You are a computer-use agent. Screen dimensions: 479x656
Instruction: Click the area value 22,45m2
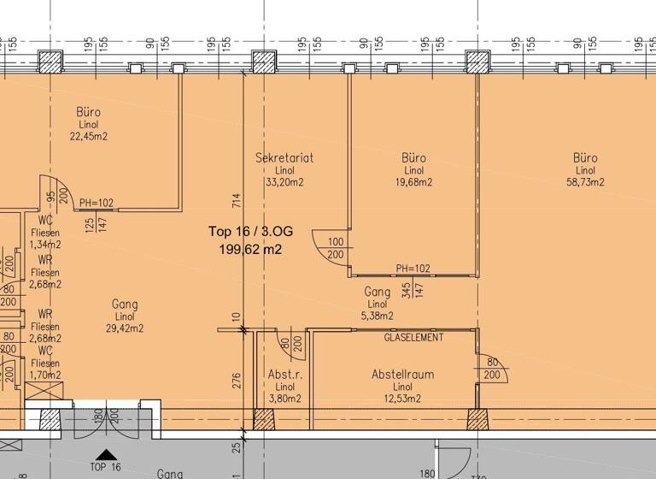coord(89,136)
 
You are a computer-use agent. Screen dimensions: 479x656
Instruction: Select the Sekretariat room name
coord(285,157)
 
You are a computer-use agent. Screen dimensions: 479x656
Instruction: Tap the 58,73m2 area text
coord(585,181)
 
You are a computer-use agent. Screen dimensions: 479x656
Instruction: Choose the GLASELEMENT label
coord(413,338)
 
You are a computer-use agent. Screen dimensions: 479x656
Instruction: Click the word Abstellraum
coord(402,375)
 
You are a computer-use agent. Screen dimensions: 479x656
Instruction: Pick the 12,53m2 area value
coord(402,399)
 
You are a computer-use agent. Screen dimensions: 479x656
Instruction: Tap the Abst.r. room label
coord(284,375)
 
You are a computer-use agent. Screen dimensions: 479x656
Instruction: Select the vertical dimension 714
coord(237,200)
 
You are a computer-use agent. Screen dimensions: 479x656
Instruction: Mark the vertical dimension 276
coord(237,380)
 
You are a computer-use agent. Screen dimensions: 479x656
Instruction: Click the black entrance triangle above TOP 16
coord(104,455)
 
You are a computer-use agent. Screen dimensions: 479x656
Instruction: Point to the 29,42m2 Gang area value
coord(125,328)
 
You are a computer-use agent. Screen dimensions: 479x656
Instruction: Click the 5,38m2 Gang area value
coord(377,316)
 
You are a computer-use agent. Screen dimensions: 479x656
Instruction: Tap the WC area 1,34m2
coord(44,245)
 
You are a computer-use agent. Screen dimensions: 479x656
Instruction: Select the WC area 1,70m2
coord(44,375)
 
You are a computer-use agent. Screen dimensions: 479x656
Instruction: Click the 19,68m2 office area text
coord(413,181)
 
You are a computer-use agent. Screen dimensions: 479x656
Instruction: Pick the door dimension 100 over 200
coord(335,249)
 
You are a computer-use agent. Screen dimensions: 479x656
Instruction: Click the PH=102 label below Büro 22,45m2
coord(96,204)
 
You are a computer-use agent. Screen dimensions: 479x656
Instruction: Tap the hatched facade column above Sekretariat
coord(263,62)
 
